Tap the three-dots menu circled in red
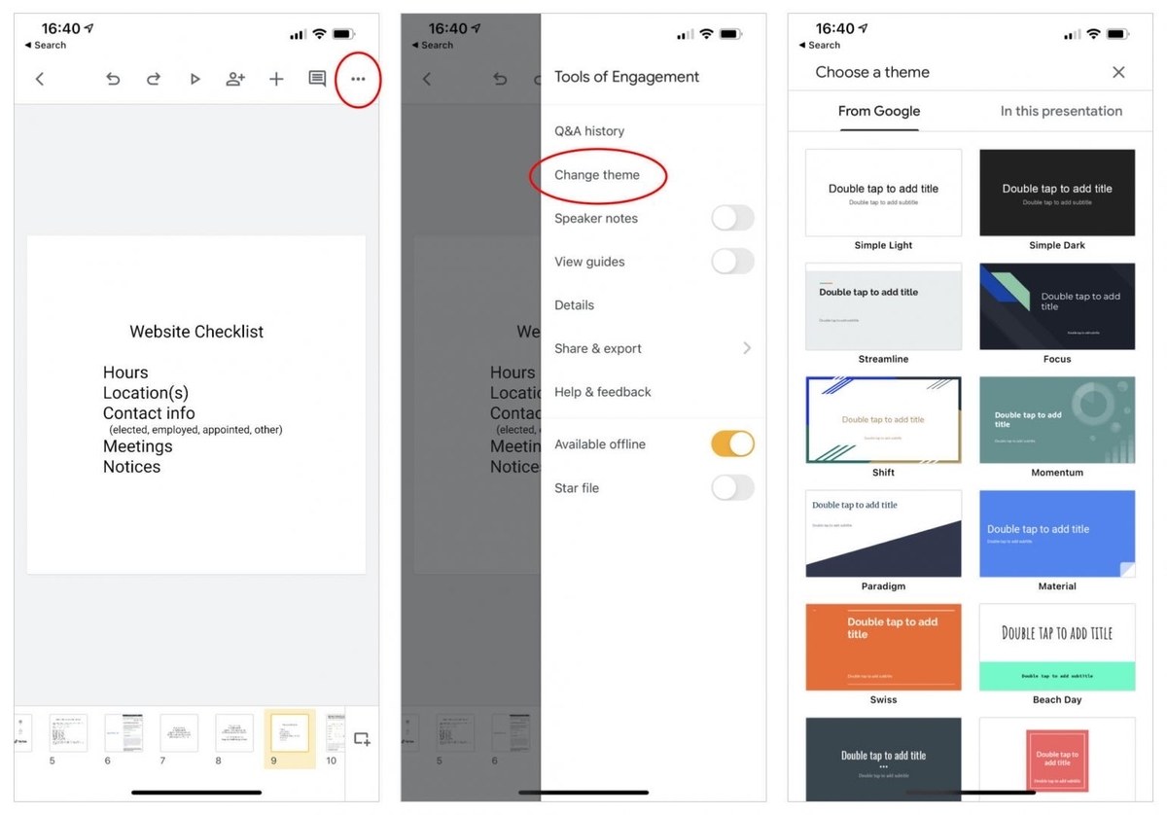point(358,79)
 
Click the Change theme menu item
point(597,175)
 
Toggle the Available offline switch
point(732,444)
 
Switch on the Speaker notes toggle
point(732,218)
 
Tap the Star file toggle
point(732,487)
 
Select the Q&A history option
point(589,131)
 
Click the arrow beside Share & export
point(747,348)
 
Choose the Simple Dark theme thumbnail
point(1057,193)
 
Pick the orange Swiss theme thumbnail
point(883,647)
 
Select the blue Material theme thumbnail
point(1057,534)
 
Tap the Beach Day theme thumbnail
point(1057,647)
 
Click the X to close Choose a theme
point(1118,72)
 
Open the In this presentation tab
point(1061,111)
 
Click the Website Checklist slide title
point(196,332)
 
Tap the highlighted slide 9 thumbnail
point(290,733)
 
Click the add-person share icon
point(235,79)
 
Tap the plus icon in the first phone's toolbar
point(276,79)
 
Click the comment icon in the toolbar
point(317,79)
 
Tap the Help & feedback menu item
point(603,392)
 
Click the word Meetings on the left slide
point(138,446)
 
